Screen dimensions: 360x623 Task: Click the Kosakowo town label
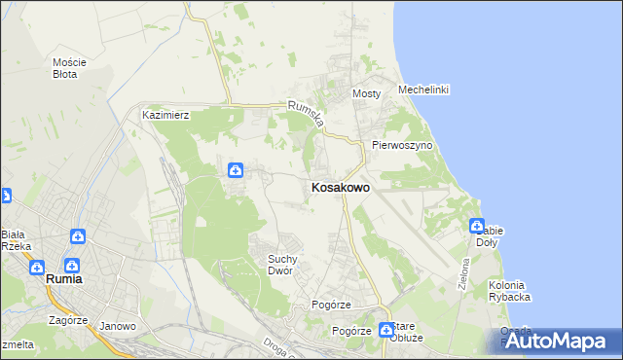(339, 188)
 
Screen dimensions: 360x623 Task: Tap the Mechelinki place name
(422, 90)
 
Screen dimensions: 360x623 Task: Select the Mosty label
(366, 93)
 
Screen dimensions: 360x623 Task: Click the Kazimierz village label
(165, 115)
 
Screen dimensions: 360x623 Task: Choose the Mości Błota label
(69, 68)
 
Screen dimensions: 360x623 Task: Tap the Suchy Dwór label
(287, 265)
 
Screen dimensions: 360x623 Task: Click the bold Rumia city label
(63, 279)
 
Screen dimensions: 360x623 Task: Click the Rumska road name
(303, 117)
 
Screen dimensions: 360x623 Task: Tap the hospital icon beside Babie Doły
(477, 226)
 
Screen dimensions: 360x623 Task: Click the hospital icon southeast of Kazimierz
(236, 171)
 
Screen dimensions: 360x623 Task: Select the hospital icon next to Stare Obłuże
(386, 330)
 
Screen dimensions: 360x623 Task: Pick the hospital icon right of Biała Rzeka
(77, 236)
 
